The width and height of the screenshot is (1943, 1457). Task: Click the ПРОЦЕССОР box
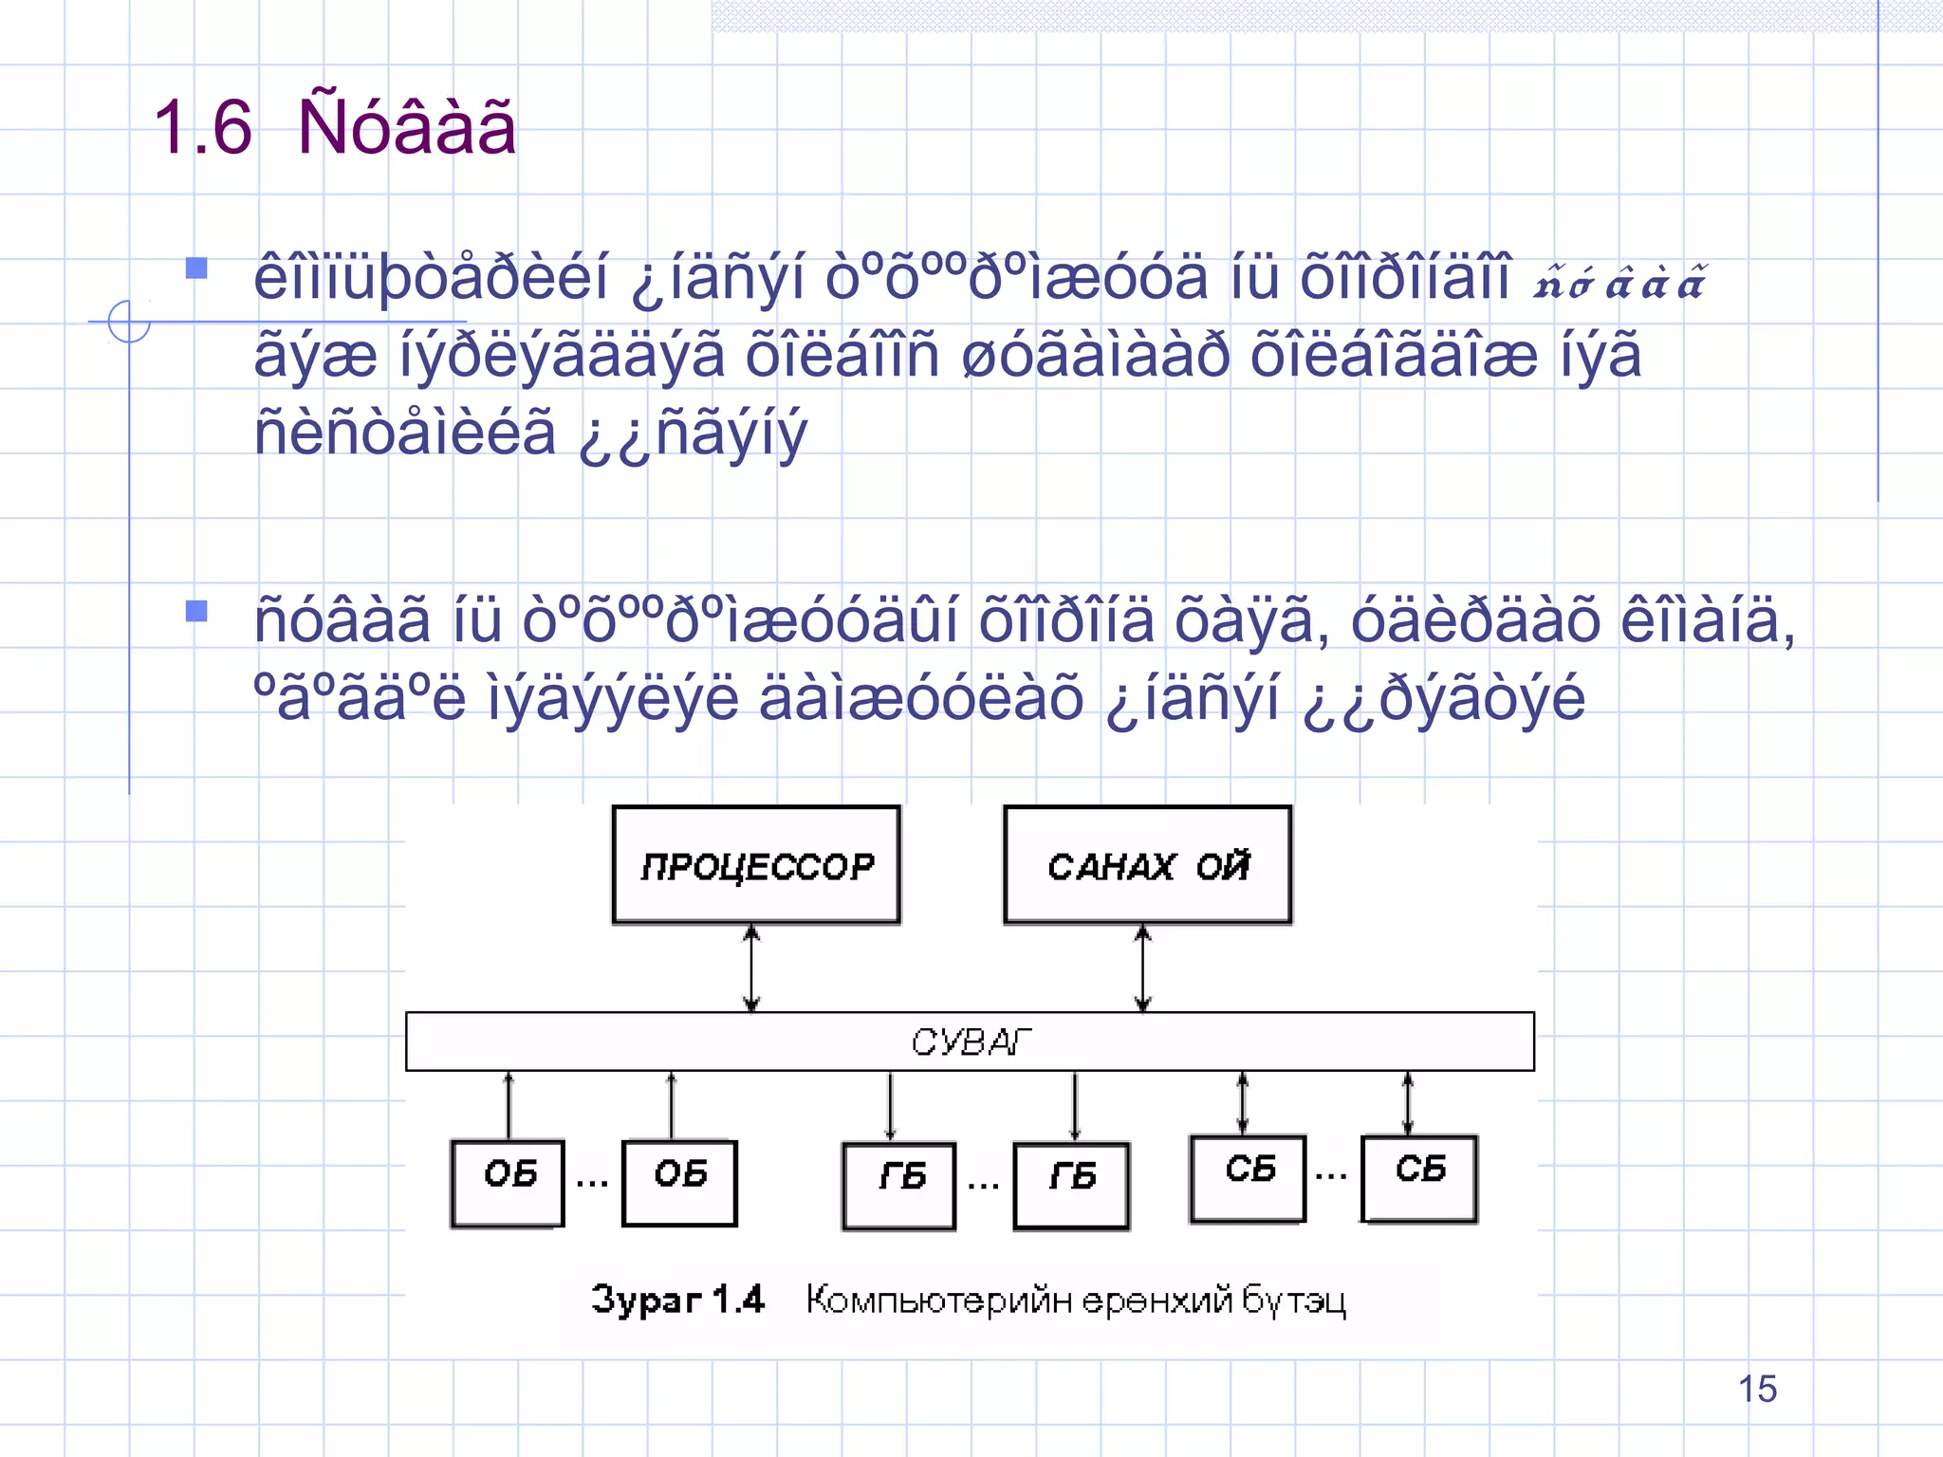(756, 864)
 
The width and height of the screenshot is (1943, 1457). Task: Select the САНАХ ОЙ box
(1147, 864)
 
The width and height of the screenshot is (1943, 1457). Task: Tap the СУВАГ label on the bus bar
(970, 1042)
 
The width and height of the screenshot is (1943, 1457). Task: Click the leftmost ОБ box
(509, 1182)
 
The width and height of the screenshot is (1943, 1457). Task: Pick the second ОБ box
(679, 1182)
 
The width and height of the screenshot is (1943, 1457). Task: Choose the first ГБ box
(899, 1185)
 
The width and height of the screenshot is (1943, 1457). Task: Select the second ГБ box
(1071, 1185)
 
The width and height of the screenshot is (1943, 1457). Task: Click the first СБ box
(1248, 1177)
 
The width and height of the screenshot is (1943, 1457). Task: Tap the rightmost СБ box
(1419, 1177)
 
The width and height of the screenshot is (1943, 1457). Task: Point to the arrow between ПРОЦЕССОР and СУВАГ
(751, 968)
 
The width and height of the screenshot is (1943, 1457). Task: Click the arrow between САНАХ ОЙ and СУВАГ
(1143, 968)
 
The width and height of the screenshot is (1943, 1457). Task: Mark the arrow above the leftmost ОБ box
(509, 1106)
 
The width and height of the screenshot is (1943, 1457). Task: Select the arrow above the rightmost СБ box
(1408, 1103)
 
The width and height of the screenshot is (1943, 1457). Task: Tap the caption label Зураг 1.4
(677, 1299)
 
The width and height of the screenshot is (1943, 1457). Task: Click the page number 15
(1757, 1389)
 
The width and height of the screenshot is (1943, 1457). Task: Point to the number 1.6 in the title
(203, 127)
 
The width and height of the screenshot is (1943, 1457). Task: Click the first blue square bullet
(196, 267)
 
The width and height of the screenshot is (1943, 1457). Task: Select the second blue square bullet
(196, 611)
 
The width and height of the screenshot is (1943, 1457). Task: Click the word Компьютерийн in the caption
(939, 1300)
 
